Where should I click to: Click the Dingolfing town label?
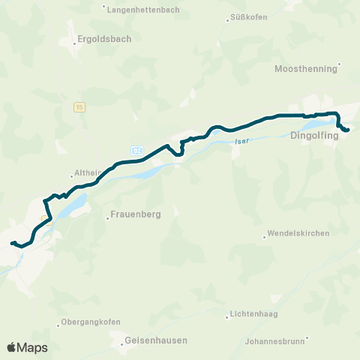click(x=315, y=136)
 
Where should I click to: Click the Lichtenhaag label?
click(x=256, y=316)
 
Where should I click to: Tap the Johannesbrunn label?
click(x=274, y=340)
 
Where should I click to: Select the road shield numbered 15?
click(x=79, y=107)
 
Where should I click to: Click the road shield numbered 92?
click(x=136, y=151)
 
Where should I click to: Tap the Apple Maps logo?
click(x=28, y=347)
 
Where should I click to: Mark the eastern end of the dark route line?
click(x=348, y=130)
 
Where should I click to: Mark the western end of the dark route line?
click(x=12, y=243)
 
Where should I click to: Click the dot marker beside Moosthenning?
click(x=339, y=64)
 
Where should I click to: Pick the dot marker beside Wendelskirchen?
click(x=265, y=237)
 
